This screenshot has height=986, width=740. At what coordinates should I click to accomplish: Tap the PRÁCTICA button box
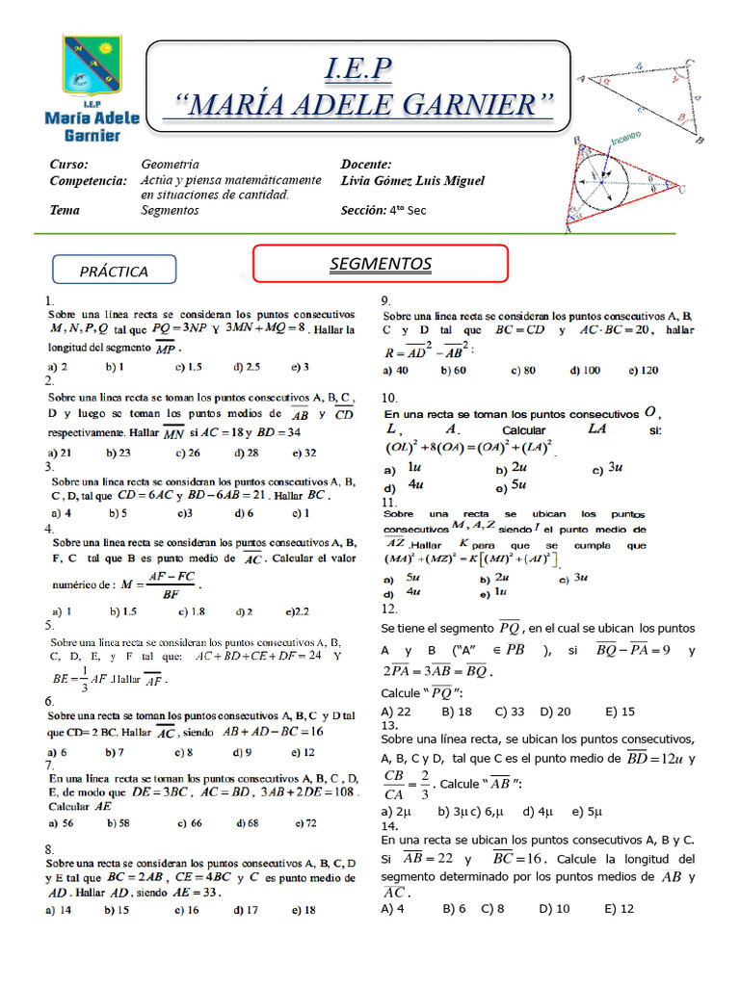pos(114,272)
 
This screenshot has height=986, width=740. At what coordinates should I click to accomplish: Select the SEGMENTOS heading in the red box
pos(380,263)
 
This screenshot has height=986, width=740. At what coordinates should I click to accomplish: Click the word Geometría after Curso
pos(170,165)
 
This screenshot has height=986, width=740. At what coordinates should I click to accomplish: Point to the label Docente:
pos(366,165)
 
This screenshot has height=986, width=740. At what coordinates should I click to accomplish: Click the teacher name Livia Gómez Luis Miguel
pos(412,180)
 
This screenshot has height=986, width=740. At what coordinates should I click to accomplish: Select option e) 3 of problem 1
pos(300,367)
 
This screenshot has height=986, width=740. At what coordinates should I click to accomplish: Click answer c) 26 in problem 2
pos(188,452)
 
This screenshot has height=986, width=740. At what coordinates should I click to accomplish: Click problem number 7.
pos(49,764)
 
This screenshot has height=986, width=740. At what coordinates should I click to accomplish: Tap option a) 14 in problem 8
pos(60,909)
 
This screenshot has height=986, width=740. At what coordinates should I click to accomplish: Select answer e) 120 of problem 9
pos(644,370)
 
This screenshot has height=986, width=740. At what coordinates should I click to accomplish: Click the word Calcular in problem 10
pos(524,429)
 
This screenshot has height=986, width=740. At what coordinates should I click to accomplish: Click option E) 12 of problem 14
pos(620,908)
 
